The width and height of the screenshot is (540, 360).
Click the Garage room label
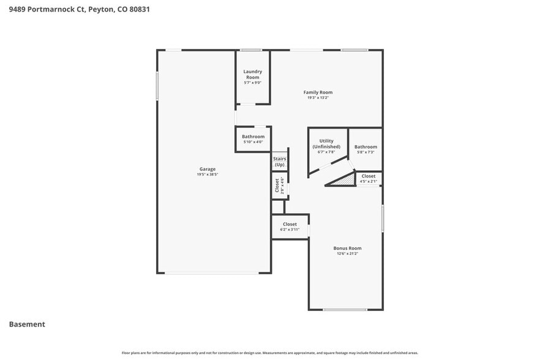point(207,169)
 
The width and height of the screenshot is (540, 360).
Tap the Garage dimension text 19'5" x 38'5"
point(207,174)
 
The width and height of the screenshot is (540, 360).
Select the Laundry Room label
point(253,75)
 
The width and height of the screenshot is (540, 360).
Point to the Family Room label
point(318,92)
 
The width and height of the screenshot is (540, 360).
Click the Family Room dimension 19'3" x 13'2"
point(318,98)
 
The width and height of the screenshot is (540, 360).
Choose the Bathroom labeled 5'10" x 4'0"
point(253,137)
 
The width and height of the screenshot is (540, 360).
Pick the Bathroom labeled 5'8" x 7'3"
point(366,147)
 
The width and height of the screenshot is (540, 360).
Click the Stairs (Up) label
point(279,162)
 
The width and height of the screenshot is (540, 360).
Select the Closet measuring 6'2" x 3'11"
point(290,225)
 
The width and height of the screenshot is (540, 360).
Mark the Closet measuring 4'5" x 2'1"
point(369,176)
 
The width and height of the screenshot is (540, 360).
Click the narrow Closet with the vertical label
point(277,186)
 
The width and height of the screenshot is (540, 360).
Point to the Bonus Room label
point(347,248)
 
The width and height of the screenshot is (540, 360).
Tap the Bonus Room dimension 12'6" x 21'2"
point(347,253)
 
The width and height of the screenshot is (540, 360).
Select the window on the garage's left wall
point(157,86)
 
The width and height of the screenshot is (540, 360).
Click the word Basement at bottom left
point(27,324)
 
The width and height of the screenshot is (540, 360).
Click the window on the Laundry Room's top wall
point(251,50)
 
